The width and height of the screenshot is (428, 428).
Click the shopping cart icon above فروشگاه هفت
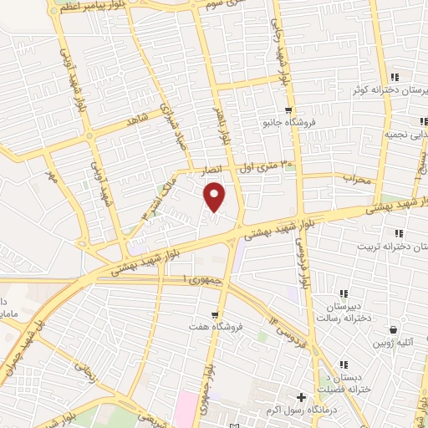216,316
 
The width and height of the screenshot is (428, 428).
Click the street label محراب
355,177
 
